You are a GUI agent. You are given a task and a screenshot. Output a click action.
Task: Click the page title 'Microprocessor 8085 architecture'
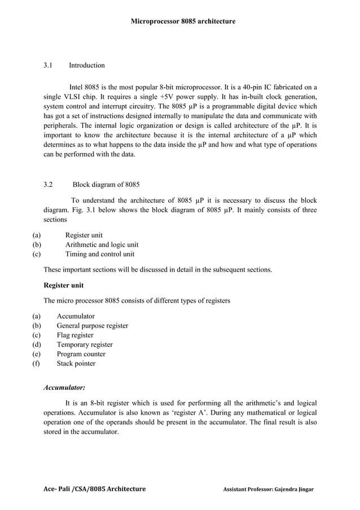183,21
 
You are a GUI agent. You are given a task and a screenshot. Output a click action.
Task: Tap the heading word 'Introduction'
86,66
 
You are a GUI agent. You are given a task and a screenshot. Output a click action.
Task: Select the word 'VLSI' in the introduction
73,97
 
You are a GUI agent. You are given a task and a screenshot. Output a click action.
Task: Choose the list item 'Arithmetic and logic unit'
102,245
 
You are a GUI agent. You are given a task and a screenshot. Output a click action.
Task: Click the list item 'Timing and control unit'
99,255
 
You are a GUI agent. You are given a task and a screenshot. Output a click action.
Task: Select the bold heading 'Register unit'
64,286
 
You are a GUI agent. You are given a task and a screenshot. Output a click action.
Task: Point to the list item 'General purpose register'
92,326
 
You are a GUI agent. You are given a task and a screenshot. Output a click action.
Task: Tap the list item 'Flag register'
75,335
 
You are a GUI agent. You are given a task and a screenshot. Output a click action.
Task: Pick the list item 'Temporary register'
85,345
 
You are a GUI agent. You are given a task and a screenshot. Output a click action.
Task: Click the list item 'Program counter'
81,354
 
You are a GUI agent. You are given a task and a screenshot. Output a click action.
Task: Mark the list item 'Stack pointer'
76,364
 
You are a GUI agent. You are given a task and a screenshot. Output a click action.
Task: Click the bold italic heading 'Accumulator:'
64,389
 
